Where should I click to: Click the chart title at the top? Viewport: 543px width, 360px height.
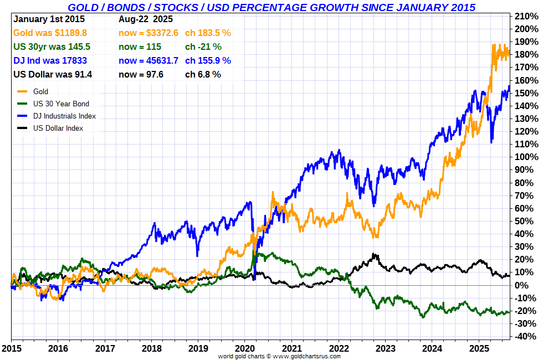coord(271,7)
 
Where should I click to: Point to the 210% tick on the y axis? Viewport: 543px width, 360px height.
coord(526,16)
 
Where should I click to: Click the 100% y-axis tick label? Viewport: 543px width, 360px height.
coord(526,157)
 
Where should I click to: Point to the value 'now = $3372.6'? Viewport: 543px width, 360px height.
coord(148,33)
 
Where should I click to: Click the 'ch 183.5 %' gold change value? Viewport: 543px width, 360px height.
coord(208,33)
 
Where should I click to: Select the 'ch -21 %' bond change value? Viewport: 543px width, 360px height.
coord(203,47)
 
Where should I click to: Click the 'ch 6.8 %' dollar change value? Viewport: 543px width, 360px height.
coord(203,74)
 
